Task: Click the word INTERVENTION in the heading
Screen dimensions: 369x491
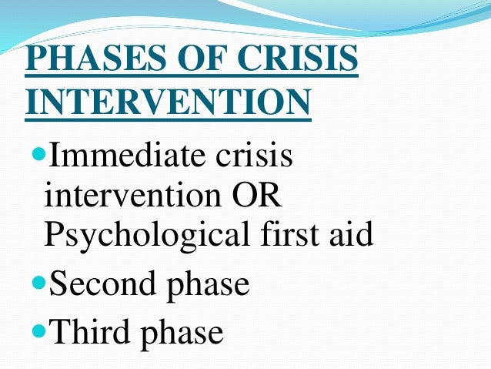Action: (168, 102)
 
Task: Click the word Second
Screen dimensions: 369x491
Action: (103, 284)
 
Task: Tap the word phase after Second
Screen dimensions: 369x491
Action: (208, 286)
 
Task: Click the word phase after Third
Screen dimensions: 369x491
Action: (181, 334)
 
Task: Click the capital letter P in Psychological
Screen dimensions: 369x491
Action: (55, 235)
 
